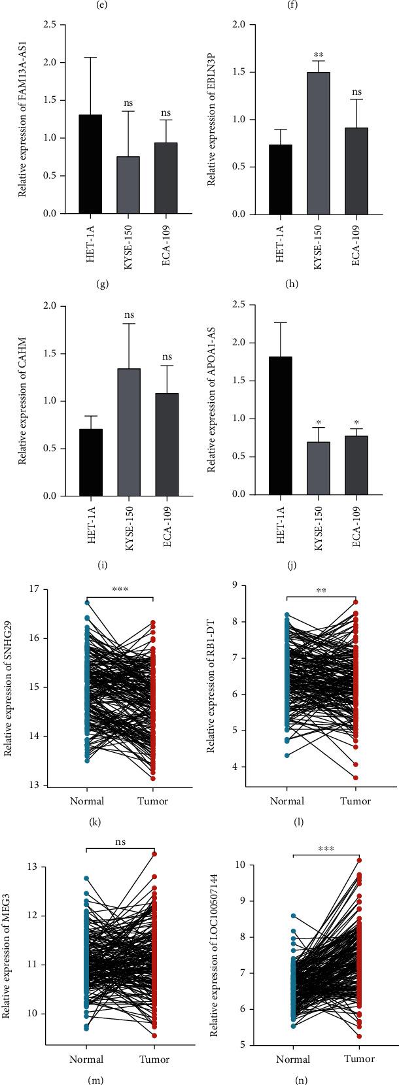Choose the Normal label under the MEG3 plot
(86, 1059)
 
